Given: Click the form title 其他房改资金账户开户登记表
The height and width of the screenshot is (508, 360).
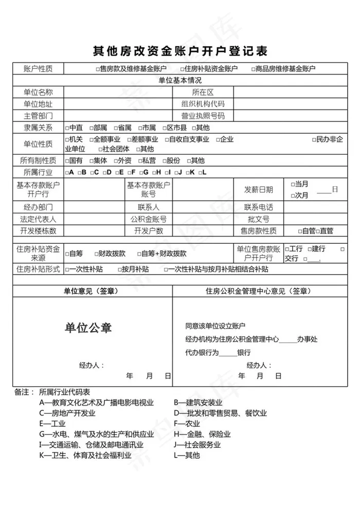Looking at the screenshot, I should (180, 51).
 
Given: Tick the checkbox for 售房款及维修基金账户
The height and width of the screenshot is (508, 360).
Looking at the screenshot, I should (98, 69).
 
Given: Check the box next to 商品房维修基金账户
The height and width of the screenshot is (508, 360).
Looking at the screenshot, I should (254, 69).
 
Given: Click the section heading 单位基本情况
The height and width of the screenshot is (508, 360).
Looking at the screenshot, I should (180, 81).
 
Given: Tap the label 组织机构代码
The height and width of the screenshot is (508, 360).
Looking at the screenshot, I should (203, 104).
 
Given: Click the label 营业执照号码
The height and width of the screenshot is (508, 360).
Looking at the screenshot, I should (203, 116).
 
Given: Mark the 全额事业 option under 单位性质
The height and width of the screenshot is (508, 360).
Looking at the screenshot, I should (92, 139).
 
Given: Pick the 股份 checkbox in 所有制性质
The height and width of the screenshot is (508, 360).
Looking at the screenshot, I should (164, 160).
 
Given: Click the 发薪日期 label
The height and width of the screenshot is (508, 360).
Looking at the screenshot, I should (259, 190).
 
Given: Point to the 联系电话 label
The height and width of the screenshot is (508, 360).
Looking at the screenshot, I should (259, 208).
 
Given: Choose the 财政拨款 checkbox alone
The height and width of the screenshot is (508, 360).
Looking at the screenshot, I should (96, 253).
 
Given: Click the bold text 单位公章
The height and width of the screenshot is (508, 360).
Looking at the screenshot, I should (88, 328).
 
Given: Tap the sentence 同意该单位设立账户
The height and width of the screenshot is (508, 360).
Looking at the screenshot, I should (215, 326).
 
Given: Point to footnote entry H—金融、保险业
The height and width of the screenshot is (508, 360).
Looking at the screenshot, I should (202, 434).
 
